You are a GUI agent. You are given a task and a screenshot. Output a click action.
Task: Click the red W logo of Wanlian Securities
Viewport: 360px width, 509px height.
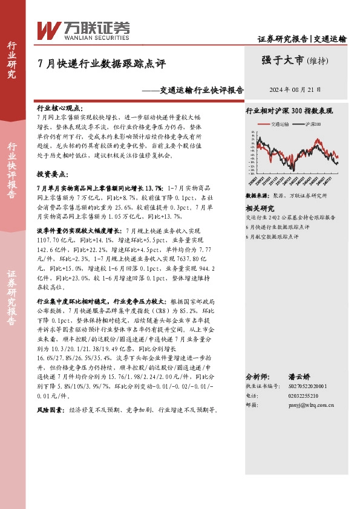pos(48,29)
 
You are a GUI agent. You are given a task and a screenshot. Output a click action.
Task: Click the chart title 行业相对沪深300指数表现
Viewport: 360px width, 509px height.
pos(289,112)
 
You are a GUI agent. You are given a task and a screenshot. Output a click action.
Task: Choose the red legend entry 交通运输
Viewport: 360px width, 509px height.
pos(280,123)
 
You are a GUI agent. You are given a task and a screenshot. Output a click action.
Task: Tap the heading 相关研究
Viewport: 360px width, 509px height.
pos(260,208)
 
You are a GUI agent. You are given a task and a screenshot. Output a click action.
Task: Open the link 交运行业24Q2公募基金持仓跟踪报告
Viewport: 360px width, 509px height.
pos(290,217)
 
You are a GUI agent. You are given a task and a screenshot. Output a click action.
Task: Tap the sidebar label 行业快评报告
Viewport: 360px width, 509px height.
pos(12,170)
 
